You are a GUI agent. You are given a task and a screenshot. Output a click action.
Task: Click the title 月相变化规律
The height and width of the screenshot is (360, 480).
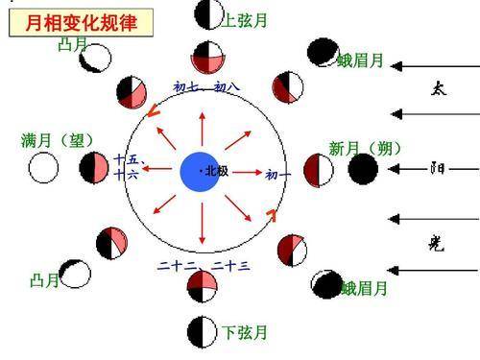pyautogui.click(x=82, y=23)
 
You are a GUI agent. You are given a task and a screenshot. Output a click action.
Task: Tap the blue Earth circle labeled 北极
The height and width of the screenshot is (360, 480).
pyautogui.click(x=200, y=172)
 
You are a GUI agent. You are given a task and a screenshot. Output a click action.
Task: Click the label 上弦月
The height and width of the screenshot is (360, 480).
pyautogui.click(x=245, y=20)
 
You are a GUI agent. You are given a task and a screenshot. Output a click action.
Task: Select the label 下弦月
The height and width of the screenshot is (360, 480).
pyautogui.click(x=245, y=332)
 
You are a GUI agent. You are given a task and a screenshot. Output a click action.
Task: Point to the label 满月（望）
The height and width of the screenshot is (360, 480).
pyautogui.click(x=58, y=140)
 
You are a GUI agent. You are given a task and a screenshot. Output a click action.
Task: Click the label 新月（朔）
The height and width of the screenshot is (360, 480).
pyautogui.click(x=365, y=148)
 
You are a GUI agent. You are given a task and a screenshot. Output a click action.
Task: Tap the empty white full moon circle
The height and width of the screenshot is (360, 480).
pyautogui.click(x=43, y=168)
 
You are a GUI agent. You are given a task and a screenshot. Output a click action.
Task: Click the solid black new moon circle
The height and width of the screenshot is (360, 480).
pyautogui.click(x=363, y=169)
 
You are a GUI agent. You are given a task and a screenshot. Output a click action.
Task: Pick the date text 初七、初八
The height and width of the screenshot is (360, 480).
pyautogui.click(x=206, y=86)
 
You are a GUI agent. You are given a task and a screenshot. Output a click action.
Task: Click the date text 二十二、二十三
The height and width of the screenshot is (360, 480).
pyautogui.click(x=204, y=266)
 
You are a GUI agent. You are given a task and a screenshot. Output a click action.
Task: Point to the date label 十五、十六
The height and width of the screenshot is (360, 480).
pyautogui.click(x=128, y=167)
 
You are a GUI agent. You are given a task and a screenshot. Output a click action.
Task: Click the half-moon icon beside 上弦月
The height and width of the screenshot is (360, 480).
pyautogui.click(x=209, y=14)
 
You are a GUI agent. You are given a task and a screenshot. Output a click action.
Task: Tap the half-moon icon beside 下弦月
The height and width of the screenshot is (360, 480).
pyautogui.click(x=203, y=332)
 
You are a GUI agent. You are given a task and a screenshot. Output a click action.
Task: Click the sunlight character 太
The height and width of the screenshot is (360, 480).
pyautogui.click(x=439, y=88)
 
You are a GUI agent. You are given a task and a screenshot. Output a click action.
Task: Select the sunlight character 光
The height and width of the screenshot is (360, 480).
pyautogui.click(x=437, y=244)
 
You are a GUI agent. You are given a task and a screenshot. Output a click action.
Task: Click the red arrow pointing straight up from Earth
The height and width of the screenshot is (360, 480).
pyautogui.click(x=203, y=130)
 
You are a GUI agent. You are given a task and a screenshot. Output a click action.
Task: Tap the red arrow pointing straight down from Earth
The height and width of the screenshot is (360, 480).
pyautogui.click(x=202, y=224)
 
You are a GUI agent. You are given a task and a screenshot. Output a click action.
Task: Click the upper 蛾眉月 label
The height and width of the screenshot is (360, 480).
pyautogui.click(x=360, y=60)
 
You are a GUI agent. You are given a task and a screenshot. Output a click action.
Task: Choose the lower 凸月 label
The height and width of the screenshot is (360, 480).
pyautogui.click(x=44, y=280)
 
